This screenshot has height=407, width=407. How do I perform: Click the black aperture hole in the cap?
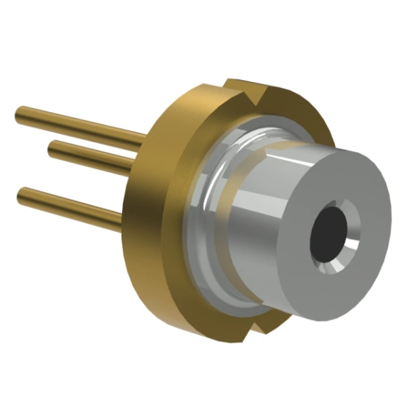pyautogui.click(x=330, y=233)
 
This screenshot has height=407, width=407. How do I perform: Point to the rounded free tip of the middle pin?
pyautogui.click(x=52, y=147)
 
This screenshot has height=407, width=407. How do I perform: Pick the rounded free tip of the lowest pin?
pyautogui.click(x=21, y=195)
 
